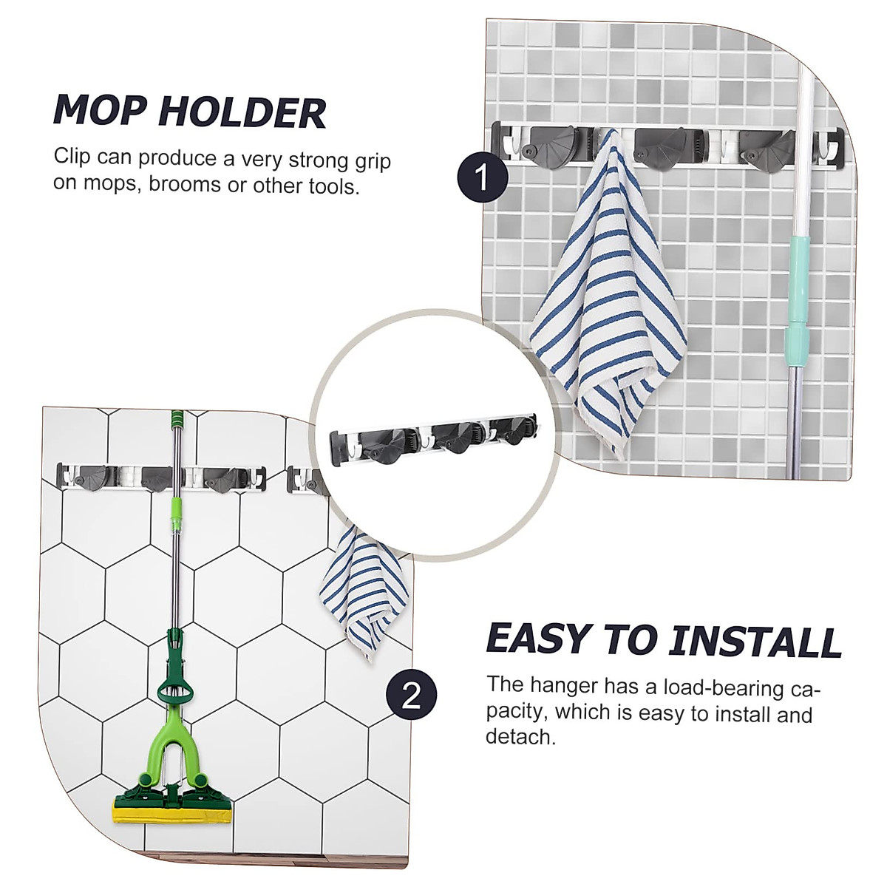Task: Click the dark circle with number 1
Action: pos(482,178)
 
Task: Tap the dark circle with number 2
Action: pos(412,696)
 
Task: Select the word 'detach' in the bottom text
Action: pos(519,736)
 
